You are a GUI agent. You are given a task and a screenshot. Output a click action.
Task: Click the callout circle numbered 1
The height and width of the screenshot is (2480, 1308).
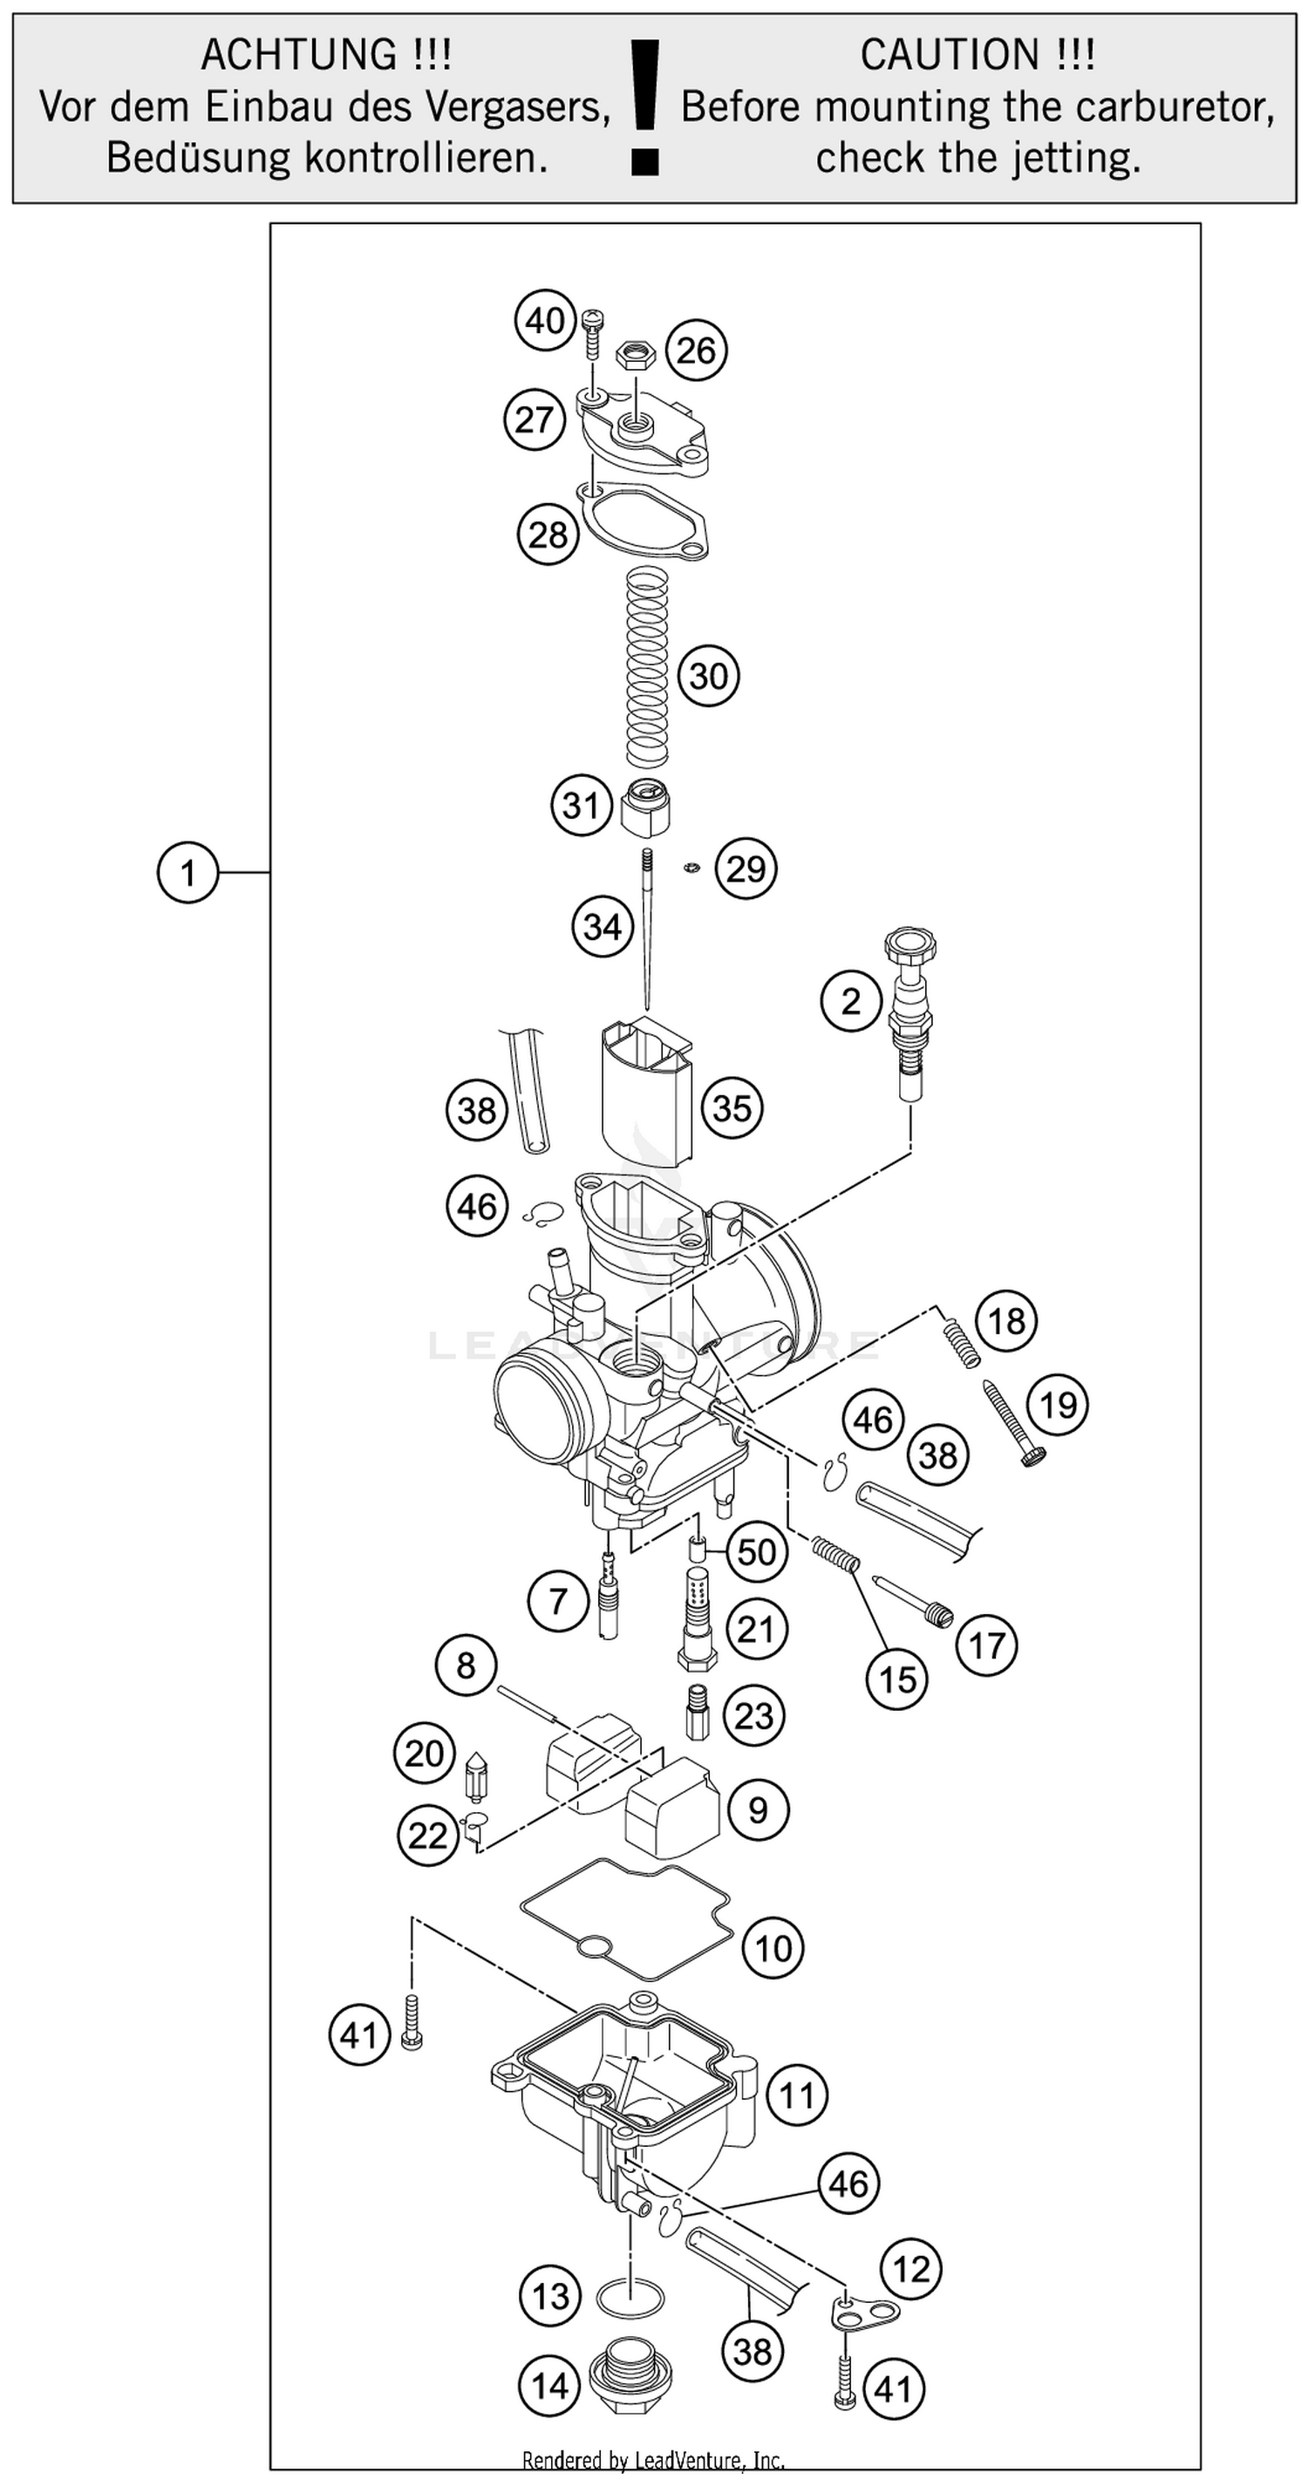[187, 872]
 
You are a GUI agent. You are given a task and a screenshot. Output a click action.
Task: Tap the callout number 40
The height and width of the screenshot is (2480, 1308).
[545, 320]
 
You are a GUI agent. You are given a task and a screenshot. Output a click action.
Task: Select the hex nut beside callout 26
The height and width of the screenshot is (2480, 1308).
[635, 354]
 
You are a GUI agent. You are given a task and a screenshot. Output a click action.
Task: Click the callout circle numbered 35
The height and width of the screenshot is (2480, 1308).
[732, 1107]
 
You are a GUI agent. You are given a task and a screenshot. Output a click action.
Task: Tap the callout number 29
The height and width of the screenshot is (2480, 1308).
[746, 869]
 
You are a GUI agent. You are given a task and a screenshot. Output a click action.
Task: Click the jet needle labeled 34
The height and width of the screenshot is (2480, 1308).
[648, 929]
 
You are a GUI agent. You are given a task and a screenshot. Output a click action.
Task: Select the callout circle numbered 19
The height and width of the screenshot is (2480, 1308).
[1058, 1405]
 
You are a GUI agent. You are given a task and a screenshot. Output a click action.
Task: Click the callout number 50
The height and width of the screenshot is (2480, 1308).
[757, 1552]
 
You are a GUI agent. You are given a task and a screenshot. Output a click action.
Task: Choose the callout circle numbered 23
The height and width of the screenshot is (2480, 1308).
[753, 1714]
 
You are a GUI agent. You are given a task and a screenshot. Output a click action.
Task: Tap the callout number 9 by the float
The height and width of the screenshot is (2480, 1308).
[759, 1810]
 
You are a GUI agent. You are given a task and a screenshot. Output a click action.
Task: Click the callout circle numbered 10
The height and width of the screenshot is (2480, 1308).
[773, 1949]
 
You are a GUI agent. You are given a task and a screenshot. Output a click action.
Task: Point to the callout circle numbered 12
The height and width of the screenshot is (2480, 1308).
[910, 2269]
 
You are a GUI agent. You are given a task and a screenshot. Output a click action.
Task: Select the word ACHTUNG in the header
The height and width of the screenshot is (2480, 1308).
[297, 55]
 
